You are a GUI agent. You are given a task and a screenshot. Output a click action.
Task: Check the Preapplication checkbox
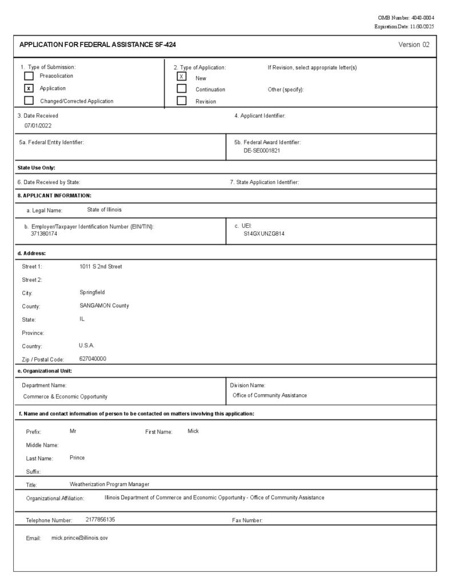[29, 76]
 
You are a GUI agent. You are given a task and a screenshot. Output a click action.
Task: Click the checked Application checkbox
[29, 89]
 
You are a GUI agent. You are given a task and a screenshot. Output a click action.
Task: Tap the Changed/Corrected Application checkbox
[29, 101]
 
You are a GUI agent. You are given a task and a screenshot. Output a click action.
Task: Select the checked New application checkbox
[182, 77]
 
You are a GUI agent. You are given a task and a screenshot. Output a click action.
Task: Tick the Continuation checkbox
[182, 89]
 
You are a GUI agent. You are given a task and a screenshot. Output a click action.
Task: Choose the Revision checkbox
[182, 101]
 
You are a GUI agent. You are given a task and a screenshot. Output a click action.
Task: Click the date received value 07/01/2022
[38, 125]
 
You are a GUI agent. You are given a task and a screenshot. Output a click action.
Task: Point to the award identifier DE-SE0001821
[261, 151]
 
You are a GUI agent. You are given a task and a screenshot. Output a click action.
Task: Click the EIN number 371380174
[44, 234]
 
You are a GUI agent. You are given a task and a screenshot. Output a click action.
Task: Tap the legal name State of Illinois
[104, 210]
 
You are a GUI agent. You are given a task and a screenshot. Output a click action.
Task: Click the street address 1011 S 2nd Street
[101, 266]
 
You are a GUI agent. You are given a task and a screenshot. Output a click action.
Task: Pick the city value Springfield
[92, 292]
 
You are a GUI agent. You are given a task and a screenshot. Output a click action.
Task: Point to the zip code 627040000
[93, 359]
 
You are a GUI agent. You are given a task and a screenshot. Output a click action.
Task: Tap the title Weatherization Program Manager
[109, 484]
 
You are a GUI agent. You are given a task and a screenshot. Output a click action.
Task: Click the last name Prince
[77, 458]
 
